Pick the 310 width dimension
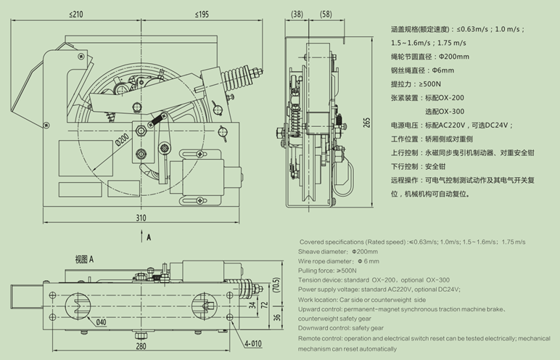[141, 218]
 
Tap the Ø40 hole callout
[100, 323]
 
